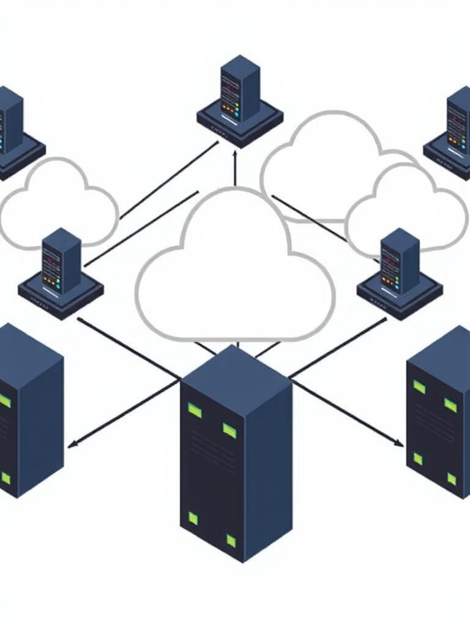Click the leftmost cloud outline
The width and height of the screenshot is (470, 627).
58,205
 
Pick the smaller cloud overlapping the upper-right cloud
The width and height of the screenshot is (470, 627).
407,211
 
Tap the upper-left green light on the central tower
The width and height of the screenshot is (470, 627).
195,410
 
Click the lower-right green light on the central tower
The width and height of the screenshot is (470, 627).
231,540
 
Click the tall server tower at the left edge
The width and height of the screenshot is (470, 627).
28,410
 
